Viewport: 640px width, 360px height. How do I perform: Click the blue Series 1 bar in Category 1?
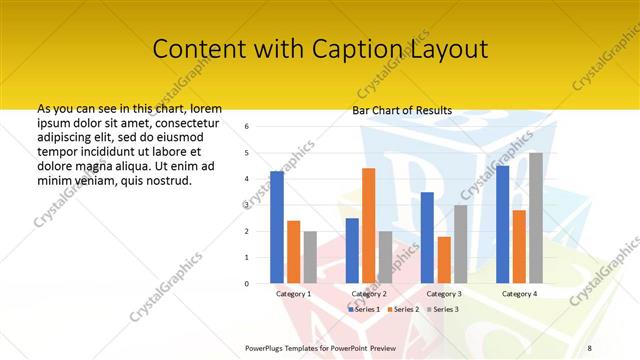(277, 227)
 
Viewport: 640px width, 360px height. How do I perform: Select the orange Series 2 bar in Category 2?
(368, 226)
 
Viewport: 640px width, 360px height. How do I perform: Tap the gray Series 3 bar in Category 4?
(536, 218)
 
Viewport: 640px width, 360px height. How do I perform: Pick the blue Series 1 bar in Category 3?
(427, 238)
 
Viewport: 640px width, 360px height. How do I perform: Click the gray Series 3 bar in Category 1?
(310, 257)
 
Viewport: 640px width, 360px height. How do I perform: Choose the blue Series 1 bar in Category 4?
(502, 225)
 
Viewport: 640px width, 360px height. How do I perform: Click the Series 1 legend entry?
(364, 309)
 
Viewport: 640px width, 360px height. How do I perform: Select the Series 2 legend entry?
(402, 309)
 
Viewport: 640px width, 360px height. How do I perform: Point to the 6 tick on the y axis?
(260, 127)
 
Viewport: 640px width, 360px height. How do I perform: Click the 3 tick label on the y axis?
(260, 205)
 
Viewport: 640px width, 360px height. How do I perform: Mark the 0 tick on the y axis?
(260, 283)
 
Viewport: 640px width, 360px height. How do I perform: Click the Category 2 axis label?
(369, 294)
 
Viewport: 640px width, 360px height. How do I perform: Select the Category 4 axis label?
(519, 294)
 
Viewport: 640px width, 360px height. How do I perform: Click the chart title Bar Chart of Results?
(402, 110)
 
